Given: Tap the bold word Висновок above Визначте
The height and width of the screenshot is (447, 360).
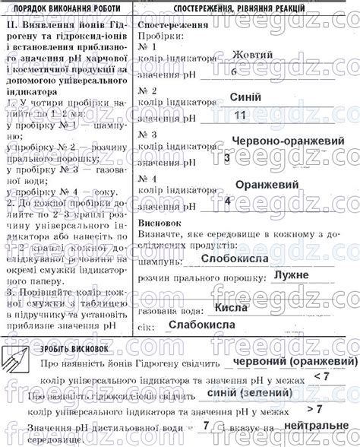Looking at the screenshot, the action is [160, 224].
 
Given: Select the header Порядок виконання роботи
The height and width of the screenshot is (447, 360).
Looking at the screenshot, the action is [67, 6].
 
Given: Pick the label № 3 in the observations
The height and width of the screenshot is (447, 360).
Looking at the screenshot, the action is [150, 133].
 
